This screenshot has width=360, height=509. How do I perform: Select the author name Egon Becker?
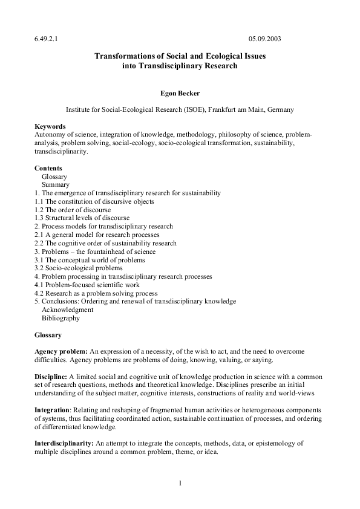click(x=180, y=93)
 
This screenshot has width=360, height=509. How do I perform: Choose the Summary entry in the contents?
click(x=55, y=184)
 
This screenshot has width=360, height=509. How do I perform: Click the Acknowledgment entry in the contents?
click(x=67, y=310)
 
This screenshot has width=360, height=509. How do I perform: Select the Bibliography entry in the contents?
click(x=61, y=318)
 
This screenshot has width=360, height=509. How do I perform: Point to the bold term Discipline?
click(x=51, y=377)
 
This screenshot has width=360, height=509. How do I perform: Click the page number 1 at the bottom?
click(x=180, y=483)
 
